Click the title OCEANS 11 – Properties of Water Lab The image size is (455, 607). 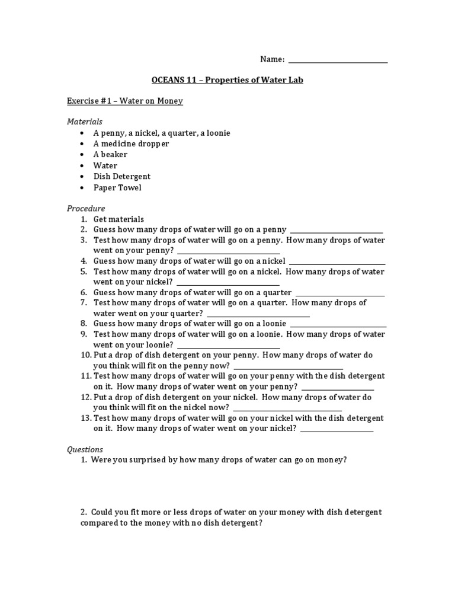tap(227, 80)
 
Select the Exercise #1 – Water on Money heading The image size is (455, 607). tap(124, 101)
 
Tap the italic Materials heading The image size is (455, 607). tap(85, 122)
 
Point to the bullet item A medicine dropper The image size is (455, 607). tap(131, 144)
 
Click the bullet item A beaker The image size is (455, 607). tap(110, 155)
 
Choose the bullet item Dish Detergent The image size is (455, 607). tap(122, 177)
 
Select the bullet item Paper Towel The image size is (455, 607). tap(117, 188)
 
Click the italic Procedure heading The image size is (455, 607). tap(86, 209)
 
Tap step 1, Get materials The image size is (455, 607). tap(118, 219)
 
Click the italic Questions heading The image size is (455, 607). tap(85, 450)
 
